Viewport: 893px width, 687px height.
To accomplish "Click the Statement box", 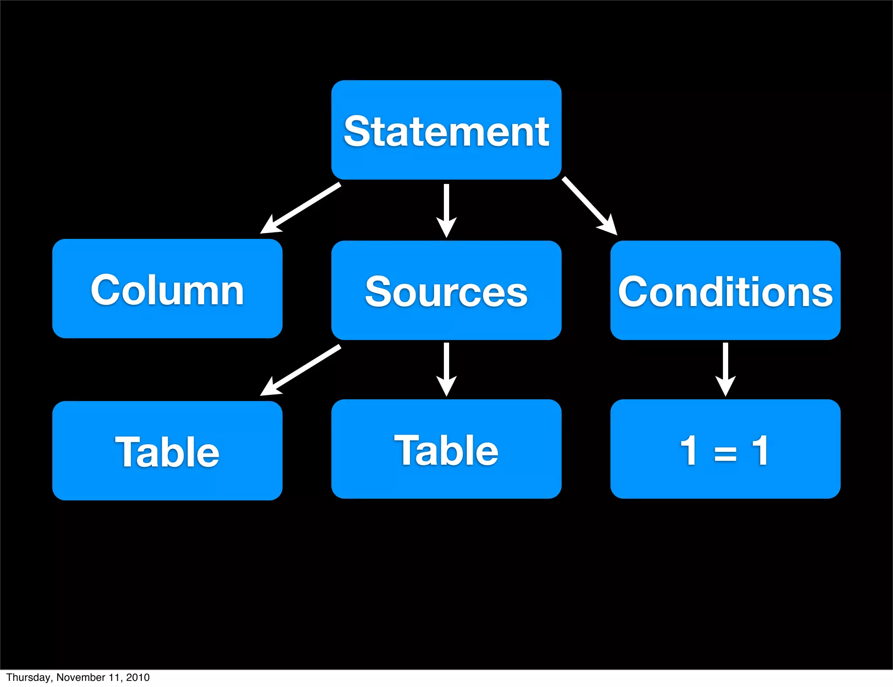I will [446, 130].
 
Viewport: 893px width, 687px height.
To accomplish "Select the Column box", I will [167, 289].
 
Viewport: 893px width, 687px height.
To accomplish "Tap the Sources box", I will [446, 290].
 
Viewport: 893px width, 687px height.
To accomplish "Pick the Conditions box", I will [725, 290].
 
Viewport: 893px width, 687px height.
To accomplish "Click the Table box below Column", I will [167, 451].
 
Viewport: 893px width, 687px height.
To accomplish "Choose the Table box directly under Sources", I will [446, 449].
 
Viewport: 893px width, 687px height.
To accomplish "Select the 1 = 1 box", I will [725, 449].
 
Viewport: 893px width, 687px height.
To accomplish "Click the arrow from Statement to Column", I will [301, 208].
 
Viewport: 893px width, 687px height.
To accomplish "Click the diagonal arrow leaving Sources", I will [301, 371].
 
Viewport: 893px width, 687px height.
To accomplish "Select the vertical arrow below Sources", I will [446, 369].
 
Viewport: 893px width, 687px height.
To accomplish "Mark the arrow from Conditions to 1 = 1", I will [725, 369].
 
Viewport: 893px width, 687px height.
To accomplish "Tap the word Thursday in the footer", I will [28, 677].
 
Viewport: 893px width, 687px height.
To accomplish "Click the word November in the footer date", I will [81, 677].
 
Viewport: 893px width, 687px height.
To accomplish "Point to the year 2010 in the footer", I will [138, 677].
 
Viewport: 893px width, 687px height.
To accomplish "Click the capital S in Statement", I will [358, 131].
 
